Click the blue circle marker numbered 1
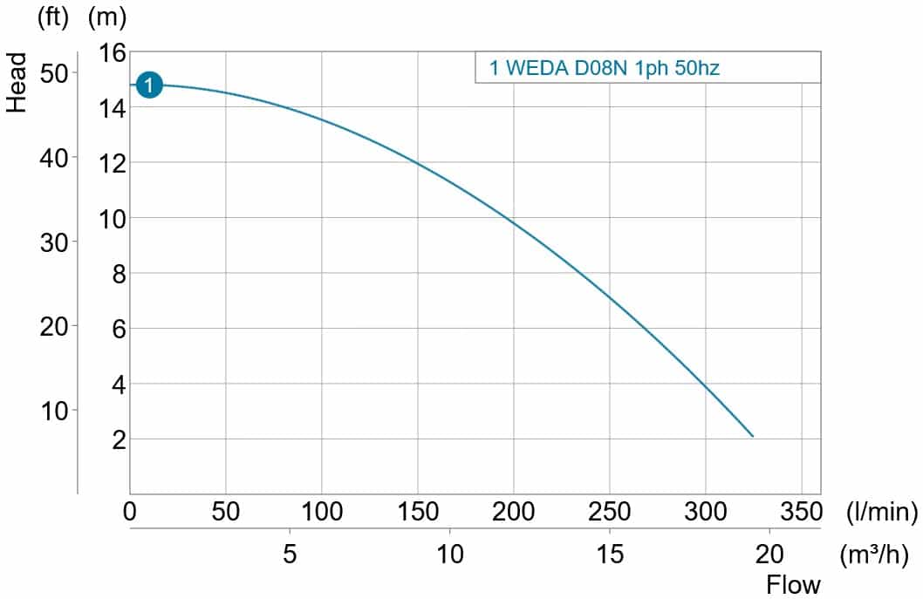pos(149,85)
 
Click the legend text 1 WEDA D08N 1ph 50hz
pos(604,68)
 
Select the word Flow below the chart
pos(793,584)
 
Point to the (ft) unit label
pos(52,18)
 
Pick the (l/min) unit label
pos(881,512)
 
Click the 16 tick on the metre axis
pos(113,53)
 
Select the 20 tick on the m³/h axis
pos(769,554)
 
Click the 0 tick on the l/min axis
pos(130,512)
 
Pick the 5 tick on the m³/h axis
pos(290,554)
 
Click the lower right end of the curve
pos(752,436)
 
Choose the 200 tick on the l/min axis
pos(513,512)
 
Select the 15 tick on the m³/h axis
pos(609,554)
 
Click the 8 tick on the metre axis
pos(120,274)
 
